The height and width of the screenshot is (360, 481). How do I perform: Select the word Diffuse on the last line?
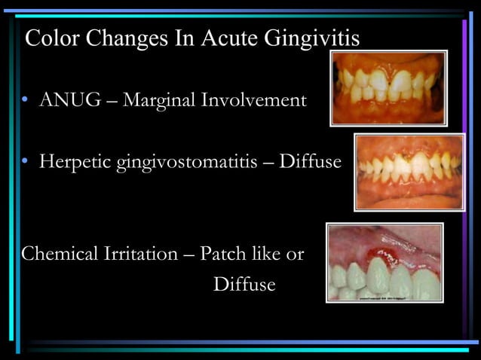[244, 285]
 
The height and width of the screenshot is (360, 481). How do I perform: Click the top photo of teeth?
[388, 87]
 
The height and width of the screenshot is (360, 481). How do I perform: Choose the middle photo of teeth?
[409, 171]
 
